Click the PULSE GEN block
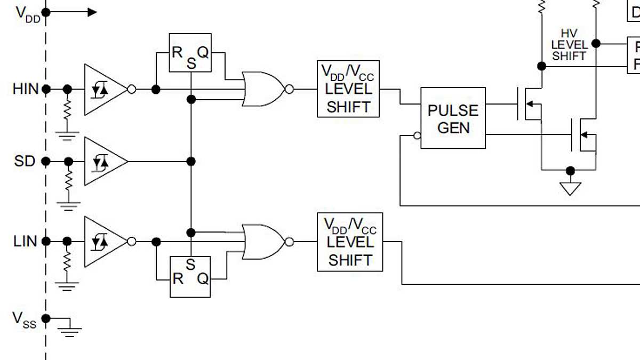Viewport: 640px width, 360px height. pyautogui.click(x=453, y=118)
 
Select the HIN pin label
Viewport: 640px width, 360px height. pyautogui.click(x=26, y=89)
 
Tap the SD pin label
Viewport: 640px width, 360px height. pyautogui.click(x=25, y=161)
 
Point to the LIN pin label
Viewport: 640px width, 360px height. pyautogui.click(x=25, y=242)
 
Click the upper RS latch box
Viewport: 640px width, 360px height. pyautogui.click(x=190, y=53)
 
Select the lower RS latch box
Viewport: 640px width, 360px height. pyautogui.click(x=190, y=277)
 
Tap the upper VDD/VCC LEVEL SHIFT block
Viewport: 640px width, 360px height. pyautogui.click(x=348, y=89)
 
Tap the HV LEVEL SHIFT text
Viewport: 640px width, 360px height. pyautogui.click(x=569, y=45)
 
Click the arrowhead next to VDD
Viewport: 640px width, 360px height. pyautogui.click(x=92, y=12)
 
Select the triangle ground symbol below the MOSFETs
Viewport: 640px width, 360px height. pyautogui.click(x=570, y=188)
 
